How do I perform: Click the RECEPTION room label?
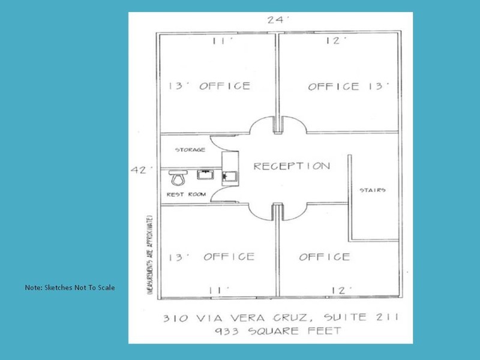[x=292, y=166]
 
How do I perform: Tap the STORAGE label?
[x=190, y=149]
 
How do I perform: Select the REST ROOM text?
[x=187, y=194]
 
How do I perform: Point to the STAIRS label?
[x=373, y=190]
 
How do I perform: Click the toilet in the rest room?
[x=178, y=178]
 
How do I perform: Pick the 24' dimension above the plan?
[x=278, y=20]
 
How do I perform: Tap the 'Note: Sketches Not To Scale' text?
[x=70, y=287]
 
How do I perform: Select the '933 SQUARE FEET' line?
[x=278, y=331]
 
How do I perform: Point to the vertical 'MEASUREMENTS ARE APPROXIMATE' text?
[x=150, y=254]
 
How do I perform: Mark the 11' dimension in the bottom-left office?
[x=219, y=290]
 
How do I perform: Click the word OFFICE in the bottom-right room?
[x=325, y=257]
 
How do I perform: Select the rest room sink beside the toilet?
[x=205, y=175]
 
